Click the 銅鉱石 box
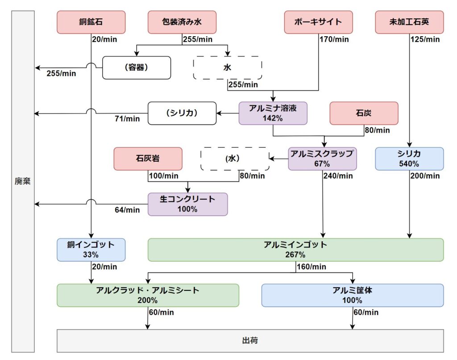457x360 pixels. pos(91,22)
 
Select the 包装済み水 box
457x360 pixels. pos(182,22)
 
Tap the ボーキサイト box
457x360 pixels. pos(318,22)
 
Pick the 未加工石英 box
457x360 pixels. pos(409,22)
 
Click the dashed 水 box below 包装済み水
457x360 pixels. pos(227,68)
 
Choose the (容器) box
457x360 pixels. pos(137,68)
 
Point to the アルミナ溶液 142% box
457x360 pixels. pos(273,113)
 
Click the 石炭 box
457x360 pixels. pos(364,113)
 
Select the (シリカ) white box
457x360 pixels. pos(182,113)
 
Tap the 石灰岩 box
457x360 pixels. pos(148,159)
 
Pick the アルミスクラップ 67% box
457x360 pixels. pos(322,159)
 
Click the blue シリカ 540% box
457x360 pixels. pos(409,159)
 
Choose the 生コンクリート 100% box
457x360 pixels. pos(187,204)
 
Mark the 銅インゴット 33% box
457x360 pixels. pos(91,250)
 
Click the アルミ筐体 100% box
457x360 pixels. pos(352,295)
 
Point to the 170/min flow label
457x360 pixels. pos(334,39)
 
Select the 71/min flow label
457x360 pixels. pos(127,119)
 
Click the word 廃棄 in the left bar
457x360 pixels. pos(23,182)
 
